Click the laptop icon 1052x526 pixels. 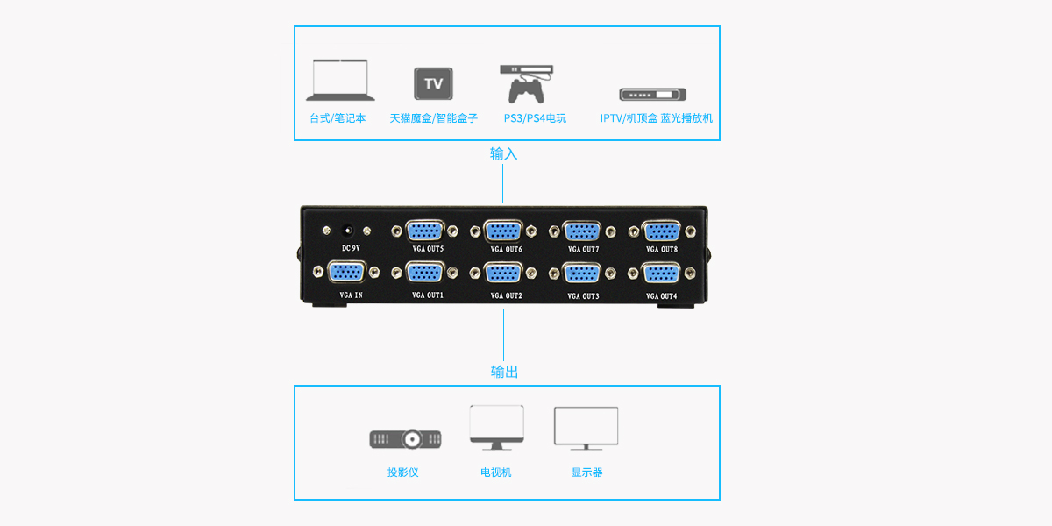click(340, 80)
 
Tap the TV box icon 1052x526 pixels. click(433, 83)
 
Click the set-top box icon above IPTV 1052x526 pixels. click(652, 95)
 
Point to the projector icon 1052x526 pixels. click(405, 438)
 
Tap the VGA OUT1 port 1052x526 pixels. click(427, 273)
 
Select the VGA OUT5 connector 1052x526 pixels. click(427, 231)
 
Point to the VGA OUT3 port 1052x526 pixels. click(583, 273)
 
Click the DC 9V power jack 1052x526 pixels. click(348, 231)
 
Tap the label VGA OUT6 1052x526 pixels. click(505, 250)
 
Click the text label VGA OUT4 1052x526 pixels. click(662, 296)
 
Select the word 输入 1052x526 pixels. click(504, 153)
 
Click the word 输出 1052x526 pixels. click(504, 372)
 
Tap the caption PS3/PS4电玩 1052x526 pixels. click(535, 118)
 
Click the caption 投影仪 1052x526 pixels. click(403, 473)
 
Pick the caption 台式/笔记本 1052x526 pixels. click(338, 118)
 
